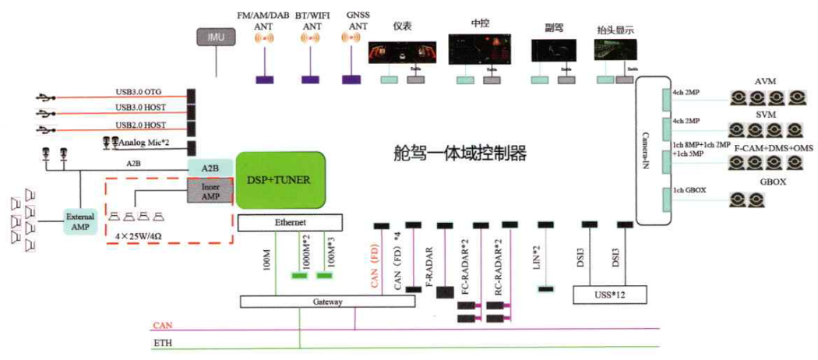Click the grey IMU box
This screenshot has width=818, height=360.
[x=216, y=37]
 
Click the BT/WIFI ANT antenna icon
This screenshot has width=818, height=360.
[x=312, y=37]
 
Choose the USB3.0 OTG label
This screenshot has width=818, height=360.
[x=140, y=92]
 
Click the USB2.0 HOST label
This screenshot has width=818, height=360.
[x=140, y=125]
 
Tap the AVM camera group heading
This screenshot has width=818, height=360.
[x=766, y=82]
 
